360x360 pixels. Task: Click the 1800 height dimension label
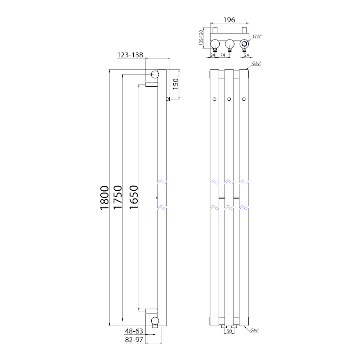[104, 198]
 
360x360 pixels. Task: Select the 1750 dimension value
[118, 198]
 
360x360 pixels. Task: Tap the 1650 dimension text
[133, 198]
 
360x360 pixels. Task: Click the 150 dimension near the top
[176, 84]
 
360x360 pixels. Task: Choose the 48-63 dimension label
[134, 331]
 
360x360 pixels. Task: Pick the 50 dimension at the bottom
[229, 331]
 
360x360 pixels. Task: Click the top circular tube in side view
[155, 74]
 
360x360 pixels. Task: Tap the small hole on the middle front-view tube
[229, 99]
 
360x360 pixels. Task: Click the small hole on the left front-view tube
[215, 99]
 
